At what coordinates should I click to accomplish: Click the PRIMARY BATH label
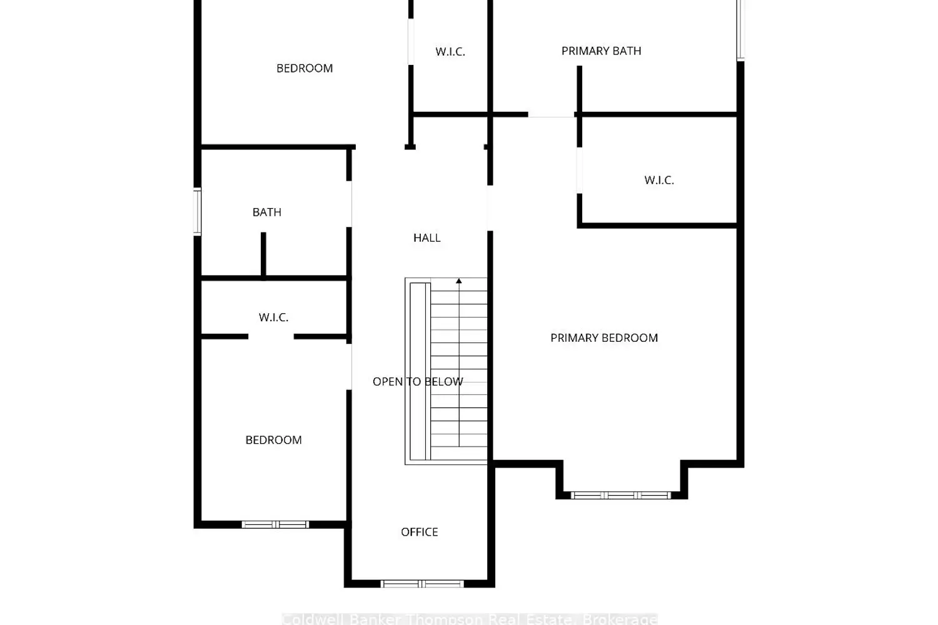[x=601, y=51]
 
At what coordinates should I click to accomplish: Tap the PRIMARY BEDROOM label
[x=604, y=338]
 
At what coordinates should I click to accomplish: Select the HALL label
[x=427, y=238]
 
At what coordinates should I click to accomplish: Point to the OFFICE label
[x=420, y=532]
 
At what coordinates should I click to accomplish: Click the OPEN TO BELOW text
[x=418, y=382]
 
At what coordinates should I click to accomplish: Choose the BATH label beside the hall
[x=267, y=212]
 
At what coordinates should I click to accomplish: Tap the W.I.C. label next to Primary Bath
[x=450, y=52]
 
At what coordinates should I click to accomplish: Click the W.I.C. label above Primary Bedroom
[x=659, y=181]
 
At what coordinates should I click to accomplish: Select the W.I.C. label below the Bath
[x=274, y=317]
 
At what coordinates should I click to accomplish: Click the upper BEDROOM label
[x=305, y=69]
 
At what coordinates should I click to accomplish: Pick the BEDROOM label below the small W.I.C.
[x=273, y=440]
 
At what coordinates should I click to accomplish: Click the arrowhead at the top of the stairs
[x=459, y=282]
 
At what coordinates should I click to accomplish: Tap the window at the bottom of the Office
[x=422, y=584]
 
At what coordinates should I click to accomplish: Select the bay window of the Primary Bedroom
[x=621, y=496]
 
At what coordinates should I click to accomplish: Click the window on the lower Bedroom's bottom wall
[x=275, y=525]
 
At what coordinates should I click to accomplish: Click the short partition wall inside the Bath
[x=263, y=254]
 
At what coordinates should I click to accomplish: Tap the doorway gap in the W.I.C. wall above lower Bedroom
[x=271, y=337]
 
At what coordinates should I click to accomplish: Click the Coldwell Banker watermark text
[x=469, y=619]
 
